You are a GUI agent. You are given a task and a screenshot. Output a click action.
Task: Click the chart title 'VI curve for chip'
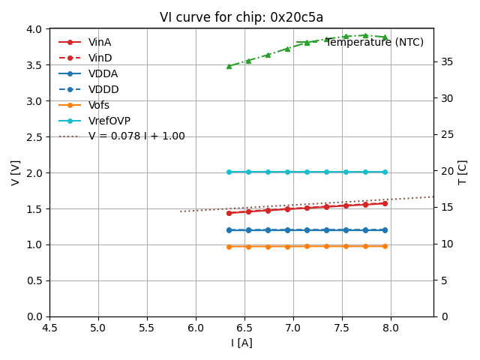click(x=241, y=17)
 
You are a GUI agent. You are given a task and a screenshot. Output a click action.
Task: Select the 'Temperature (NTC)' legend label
click(x=374, y=42)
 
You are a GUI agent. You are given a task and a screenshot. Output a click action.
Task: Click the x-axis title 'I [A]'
click(x=241, y=343)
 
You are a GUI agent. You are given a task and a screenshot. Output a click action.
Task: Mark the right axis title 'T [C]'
click(x=463, y=172)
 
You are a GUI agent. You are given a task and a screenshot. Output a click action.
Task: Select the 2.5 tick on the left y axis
click(x=35, y=136)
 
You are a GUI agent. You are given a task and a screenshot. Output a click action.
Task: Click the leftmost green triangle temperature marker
click(x=229, y=66)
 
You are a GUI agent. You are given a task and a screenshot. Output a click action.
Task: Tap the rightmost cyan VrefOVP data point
click(x=385, y=172)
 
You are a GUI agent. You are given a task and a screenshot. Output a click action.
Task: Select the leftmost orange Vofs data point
click(x=229, y=247)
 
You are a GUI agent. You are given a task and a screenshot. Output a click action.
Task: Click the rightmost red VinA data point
click(x=385, y=203)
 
